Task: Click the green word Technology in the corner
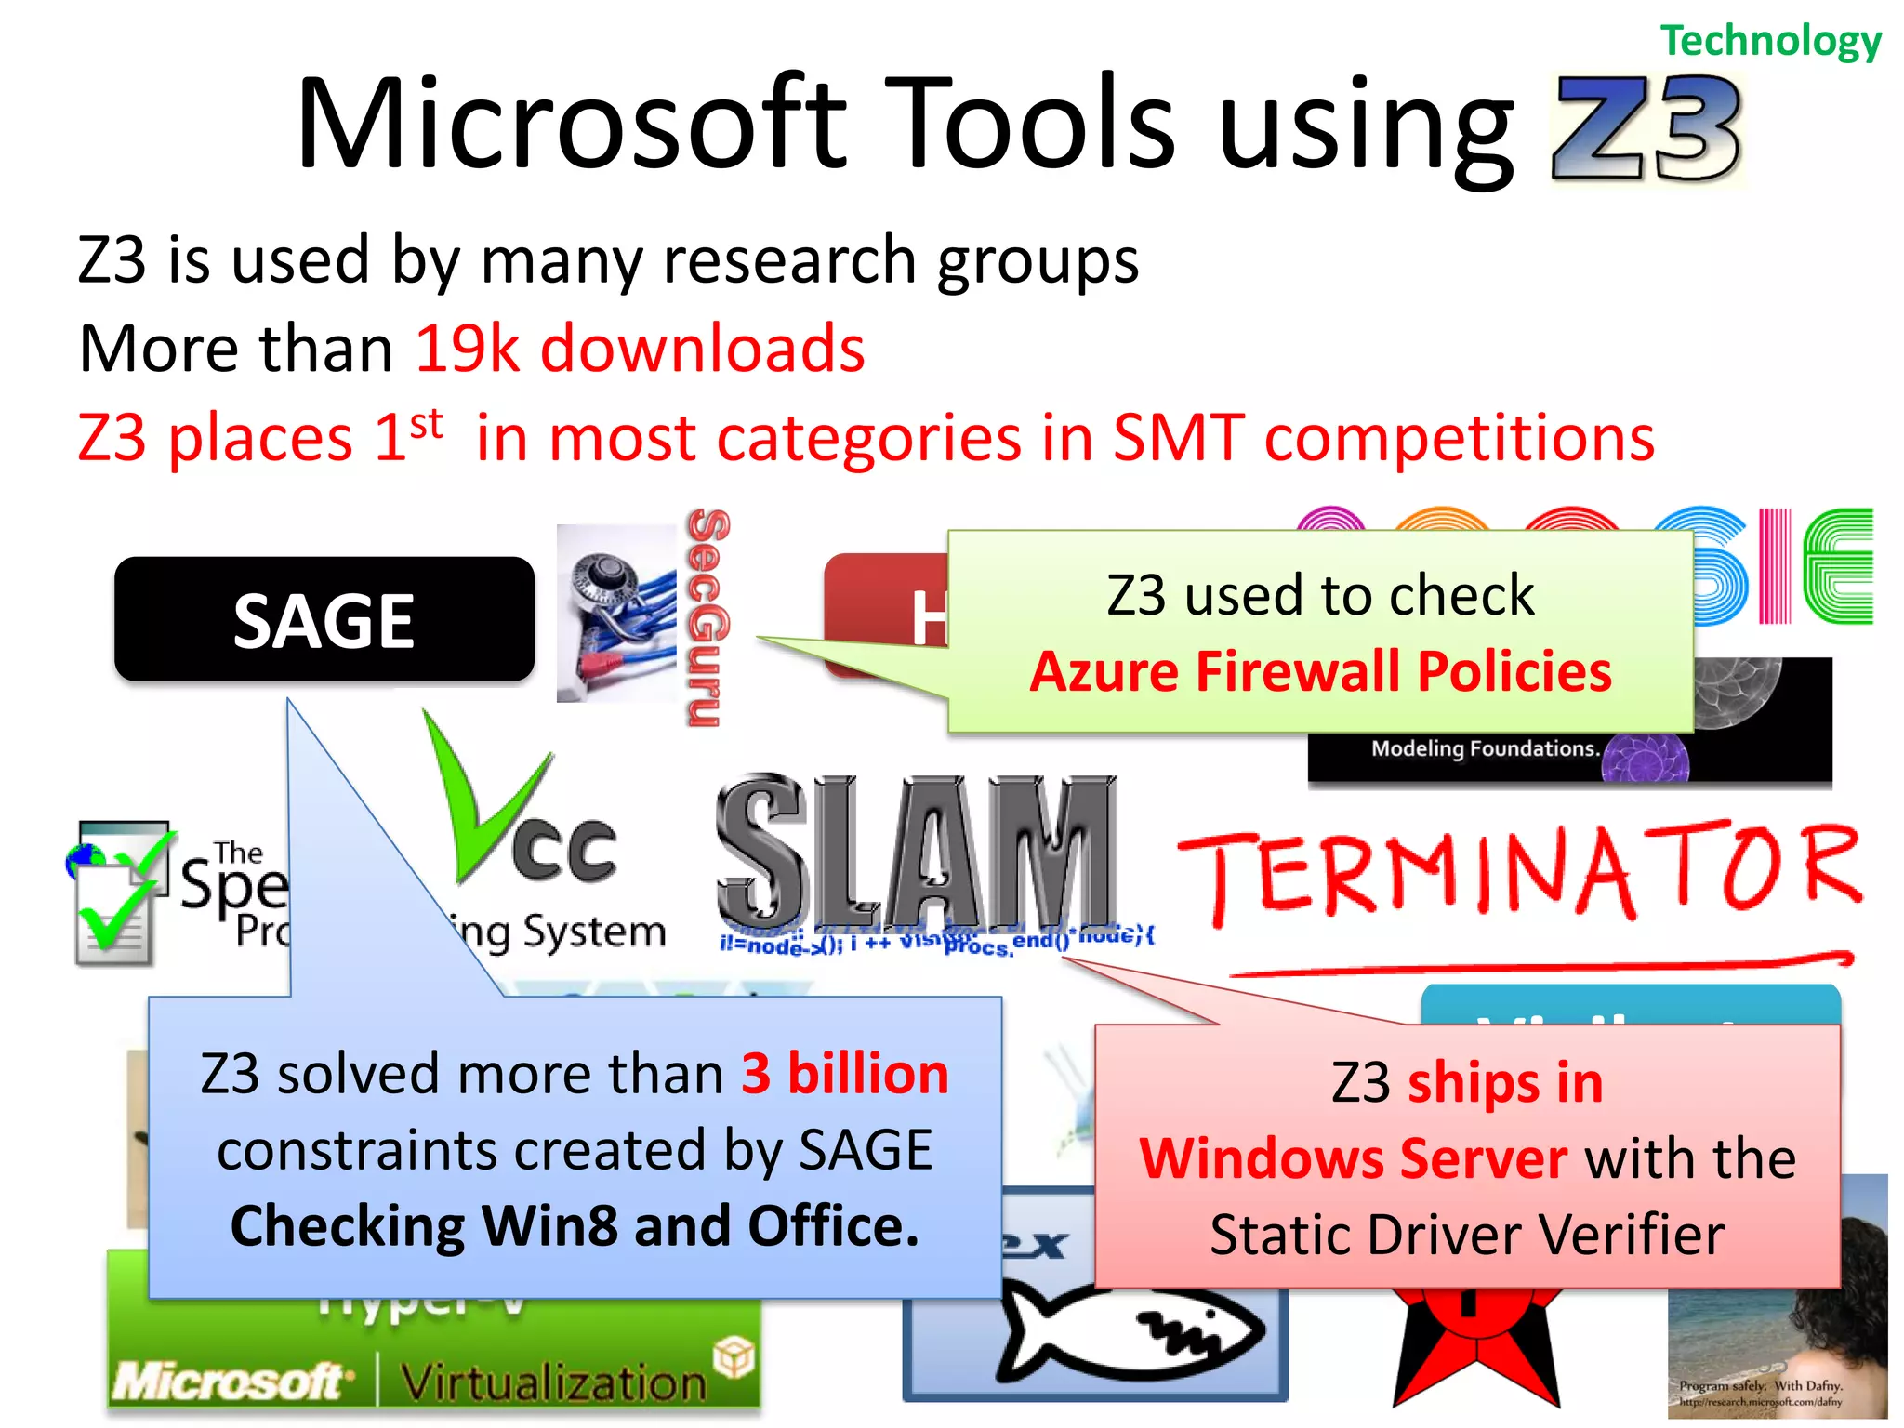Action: (1770, 41)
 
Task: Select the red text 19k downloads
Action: (640, 349)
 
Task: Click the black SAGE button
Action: (324, 620)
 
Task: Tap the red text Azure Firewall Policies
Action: (1320, 671)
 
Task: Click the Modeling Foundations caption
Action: (1485, 748)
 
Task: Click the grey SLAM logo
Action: (916, 851)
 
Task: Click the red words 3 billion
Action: (844, 1074)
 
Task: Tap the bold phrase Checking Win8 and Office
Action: (575, 1226)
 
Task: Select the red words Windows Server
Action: (1354, 1159)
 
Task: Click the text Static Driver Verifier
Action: (1467, 1236)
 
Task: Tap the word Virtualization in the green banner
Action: (554, 1382)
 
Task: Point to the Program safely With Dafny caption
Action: (1760, 1385)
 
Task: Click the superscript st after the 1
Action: (426, 424)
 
